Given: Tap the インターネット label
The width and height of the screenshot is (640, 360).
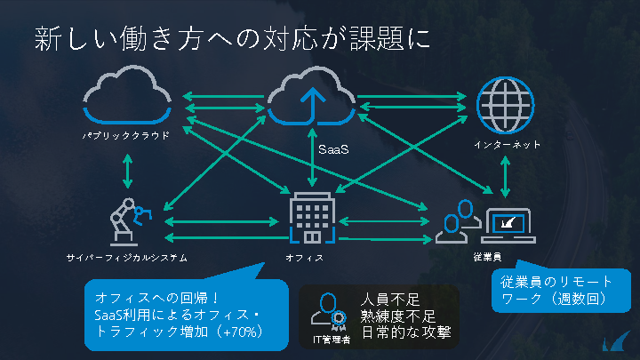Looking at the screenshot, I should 508,144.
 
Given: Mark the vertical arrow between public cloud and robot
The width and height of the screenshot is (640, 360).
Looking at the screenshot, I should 130,171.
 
